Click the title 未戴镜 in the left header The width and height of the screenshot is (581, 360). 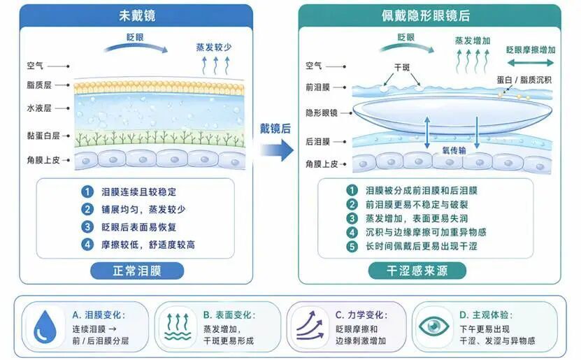[137, 15]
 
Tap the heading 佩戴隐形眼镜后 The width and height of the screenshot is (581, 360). [426, 15]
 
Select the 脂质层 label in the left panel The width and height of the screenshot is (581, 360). [39, 85]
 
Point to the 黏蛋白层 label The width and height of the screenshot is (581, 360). [43, 136]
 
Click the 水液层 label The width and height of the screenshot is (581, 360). [39, 108]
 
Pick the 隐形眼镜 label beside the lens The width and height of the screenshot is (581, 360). [321, 113]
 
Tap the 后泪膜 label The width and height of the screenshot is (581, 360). [317, 142]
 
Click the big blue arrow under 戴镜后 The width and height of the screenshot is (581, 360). [276, 150]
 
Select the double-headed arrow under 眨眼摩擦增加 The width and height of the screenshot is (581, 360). [530, 63]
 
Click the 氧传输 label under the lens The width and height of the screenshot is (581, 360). [454, 150]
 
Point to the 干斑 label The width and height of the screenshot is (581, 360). [402, 67]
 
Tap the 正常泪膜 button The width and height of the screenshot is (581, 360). [137, 271]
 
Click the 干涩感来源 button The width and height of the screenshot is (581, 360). [417, 271]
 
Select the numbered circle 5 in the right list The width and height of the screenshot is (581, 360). [352, 246]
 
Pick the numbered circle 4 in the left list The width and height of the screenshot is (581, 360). [87, 245]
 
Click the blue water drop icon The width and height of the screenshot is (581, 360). [45, 326]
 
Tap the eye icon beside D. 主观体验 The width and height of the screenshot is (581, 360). [433, 326]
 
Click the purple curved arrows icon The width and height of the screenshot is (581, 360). [310, 326]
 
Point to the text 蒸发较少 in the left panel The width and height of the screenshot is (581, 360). [214, 48]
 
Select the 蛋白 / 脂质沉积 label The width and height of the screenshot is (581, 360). [524, 80]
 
